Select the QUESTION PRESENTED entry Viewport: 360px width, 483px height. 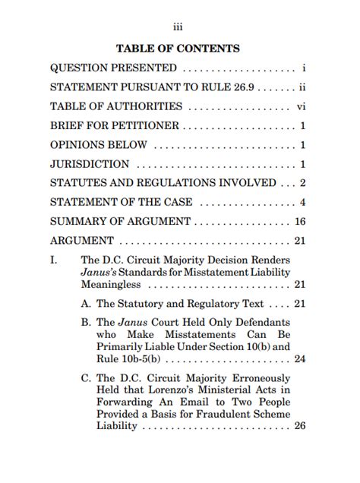pyautogui.click(x=113, y=68)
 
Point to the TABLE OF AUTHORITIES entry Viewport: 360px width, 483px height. pyautogui.click(x=116, y=107)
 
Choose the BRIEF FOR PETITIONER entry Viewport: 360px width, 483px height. pyautogui.click(x=115, y=126)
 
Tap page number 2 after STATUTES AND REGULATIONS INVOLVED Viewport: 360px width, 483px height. pyautogui.click(x=302, y=183)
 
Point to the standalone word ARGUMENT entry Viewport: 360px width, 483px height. pyautogui.click(x=82, y=241)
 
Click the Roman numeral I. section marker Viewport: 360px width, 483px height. pyautogui.click(x=54, y=260)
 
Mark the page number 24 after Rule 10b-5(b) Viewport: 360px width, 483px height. pyautogui.click(x=299, y=359)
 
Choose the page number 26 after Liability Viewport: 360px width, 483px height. pyautogui.click(x=299, y=426)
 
